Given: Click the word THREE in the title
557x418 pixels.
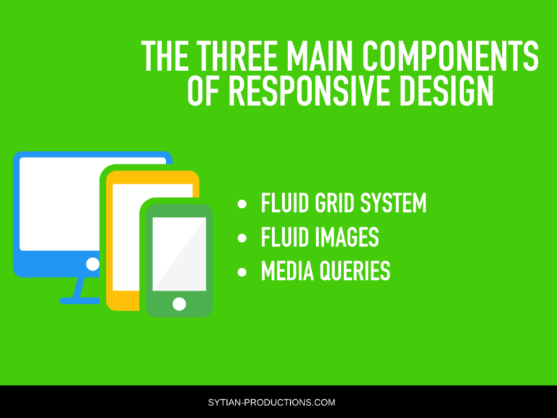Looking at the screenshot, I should point(238,57).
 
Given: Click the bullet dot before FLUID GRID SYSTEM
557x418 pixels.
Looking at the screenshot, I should point(243,204).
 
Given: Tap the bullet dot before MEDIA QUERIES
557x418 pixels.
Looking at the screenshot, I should point(243,272).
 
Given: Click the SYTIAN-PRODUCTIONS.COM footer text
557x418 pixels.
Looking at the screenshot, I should point(278,402).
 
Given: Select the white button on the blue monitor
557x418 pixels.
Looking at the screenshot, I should point(93,264).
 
